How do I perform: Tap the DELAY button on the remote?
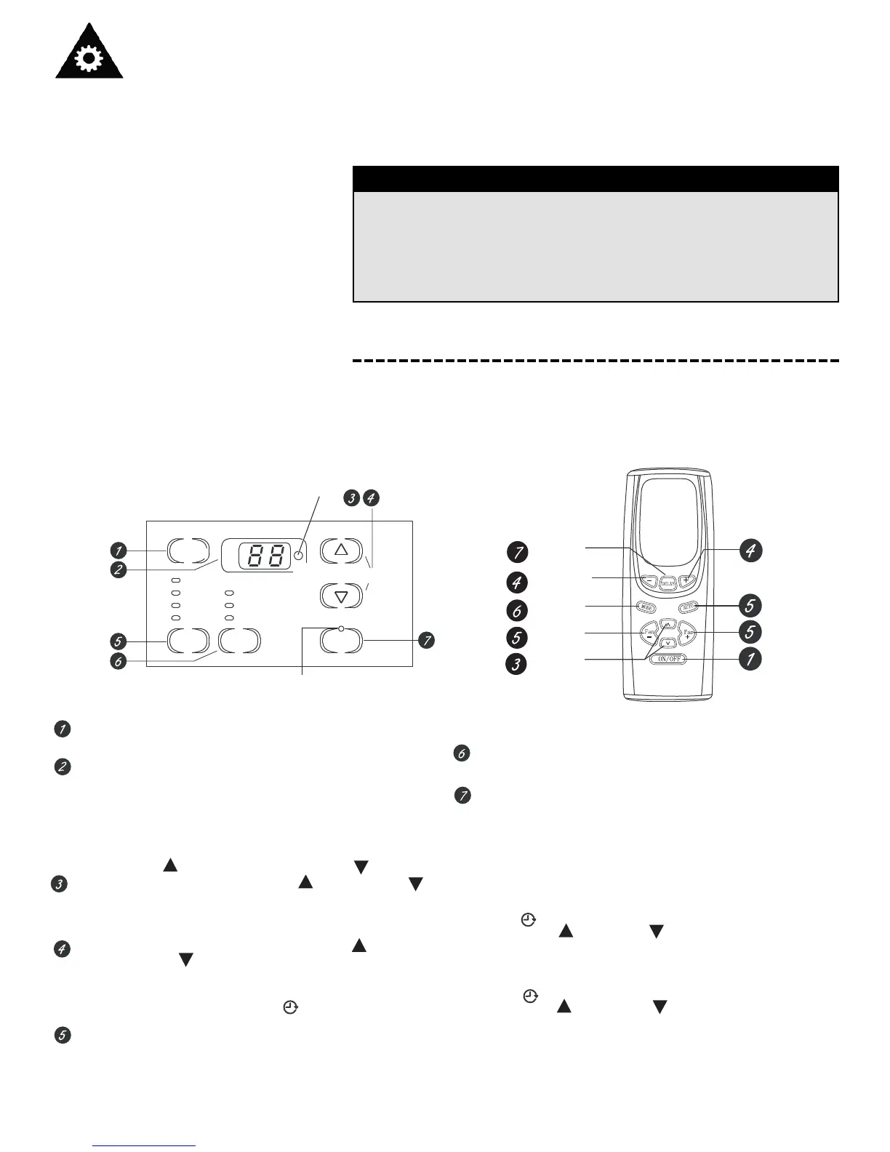tap(668, 582)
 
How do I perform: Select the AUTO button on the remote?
tap(687, 606)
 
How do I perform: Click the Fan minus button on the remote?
tap(649, 633)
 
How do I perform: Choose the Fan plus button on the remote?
tap(688, 633)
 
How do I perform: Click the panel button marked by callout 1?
tap(188, 551)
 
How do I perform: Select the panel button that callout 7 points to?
tap(341, 641)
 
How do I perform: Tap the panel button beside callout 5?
tap(188, 641)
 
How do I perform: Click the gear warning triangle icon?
tap(89, 52)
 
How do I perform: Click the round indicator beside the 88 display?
tap(298, 556)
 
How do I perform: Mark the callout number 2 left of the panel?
tap(118, 570)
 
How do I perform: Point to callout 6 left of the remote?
tap(517, 609)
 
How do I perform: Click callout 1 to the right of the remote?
tap(750, 659)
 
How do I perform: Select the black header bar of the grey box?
tap(596, 179)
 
